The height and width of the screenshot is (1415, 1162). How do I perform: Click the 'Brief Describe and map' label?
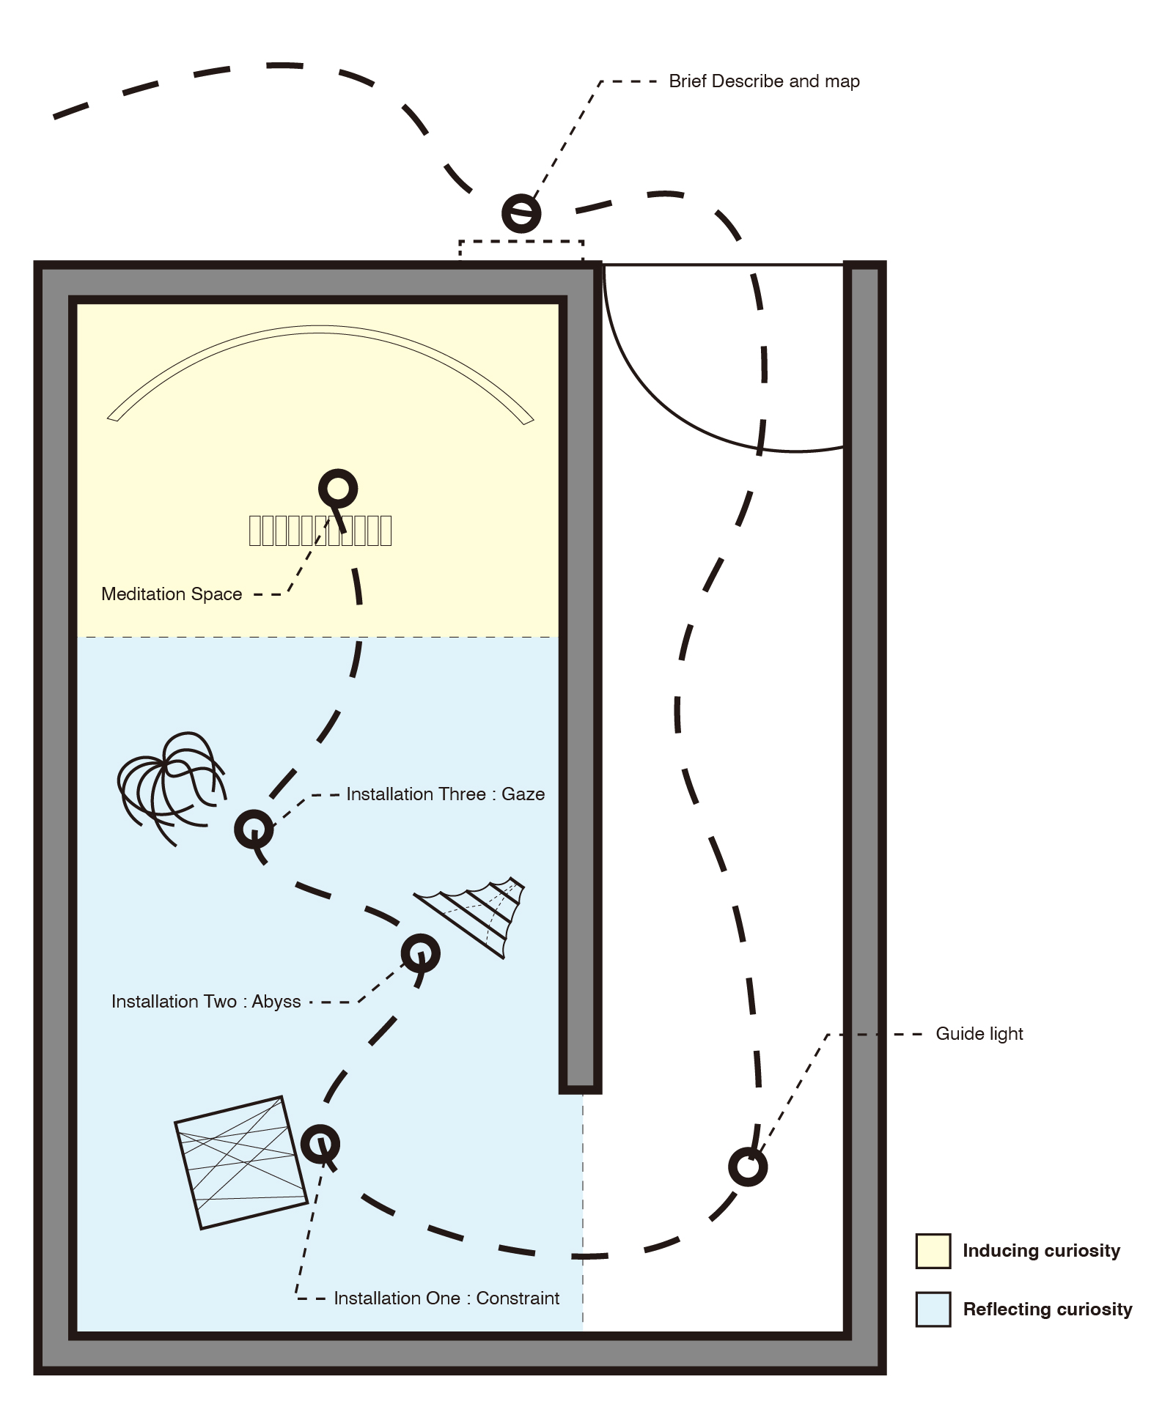click(x=764, y=81)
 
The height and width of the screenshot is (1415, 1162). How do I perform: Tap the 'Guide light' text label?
click(x=979, y=1034)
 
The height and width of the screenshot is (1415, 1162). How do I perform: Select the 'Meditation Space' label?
click(x=172, y=594)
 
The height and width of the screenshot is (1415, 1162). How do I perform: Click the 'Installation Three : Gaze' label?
click(x=446, y=794)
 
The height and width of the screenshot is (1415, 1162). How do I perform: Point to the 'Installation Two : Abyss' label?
click(x=206, y=1002)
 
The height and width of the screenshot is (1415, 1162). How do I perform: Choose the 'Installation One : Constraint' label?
click(x=446, y=1298)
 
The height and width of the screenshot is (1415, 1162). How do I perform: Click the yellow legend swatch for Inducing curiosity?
click(x=933, y=1251)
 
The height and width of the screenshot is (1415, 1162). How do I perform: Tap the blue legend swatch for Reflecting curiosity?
click(x=933, y=1309)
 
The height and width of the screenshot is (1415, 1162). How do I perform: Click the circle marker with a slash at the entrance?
click(x=521, y=213)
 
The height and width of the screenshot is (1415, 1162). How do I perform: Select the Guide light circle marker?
click(x=748, y=1167)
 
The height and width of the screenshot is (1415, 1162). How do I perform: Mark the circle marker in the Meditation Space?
click(x=338, y=488)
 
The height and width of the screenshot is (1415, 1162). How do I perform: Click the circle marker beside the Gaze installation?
click(x=254, y=829)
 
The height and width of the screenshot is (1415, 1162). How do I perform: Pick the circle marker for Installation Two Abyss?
click(x=421, y=953)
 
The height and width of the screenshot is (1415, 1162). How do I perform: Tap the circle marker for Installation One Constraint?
click(x=320, y=1143)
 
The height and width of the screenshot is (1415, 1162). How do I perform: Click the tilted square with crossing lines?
click(x=241, y=1162)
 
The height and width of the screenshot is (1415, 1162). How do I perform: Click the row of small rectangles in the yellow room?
click(x=320, y=531)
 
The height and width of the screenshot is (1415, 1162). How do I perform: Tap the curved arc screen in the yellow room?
click(x=320, y=374)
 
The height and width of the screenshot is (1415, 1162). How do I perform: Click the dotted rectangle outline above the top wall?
click(x=521, y=251)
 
